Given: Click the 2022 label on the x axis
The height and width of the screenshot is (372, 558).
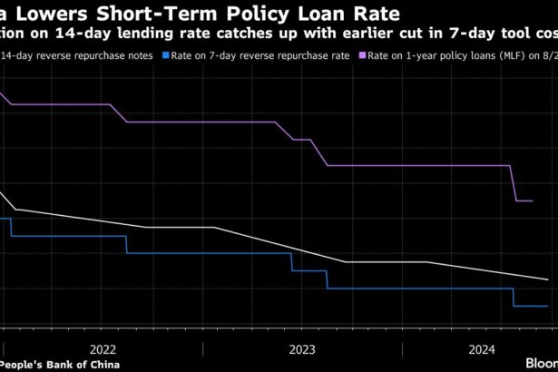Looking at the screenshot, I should pyautogui.click(x=103, y=348).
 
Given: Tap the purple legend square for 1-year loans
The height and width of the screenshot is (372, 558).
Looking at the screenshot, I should pyautogui.click(x=359, y=55).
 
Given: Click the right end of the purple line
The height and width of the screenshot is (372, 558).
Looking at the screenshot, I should pyautogui.click(x=532, y=201).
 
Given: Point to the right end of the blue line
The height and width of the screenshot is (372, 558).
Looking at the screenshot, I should pyautogui.click(x=547, y=307).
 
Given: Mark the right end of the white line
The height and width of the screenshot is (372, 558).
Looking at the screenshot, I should pyautogui.click(x=547, y=279).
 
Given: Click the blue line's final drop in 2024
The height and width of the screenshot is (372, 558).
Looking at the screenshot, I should pyautogui.click(x=514, y=298).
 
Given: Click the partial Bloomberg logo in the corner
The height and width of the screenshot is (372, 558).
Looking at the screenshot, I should pyautogui.click(x=542, y=361).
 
